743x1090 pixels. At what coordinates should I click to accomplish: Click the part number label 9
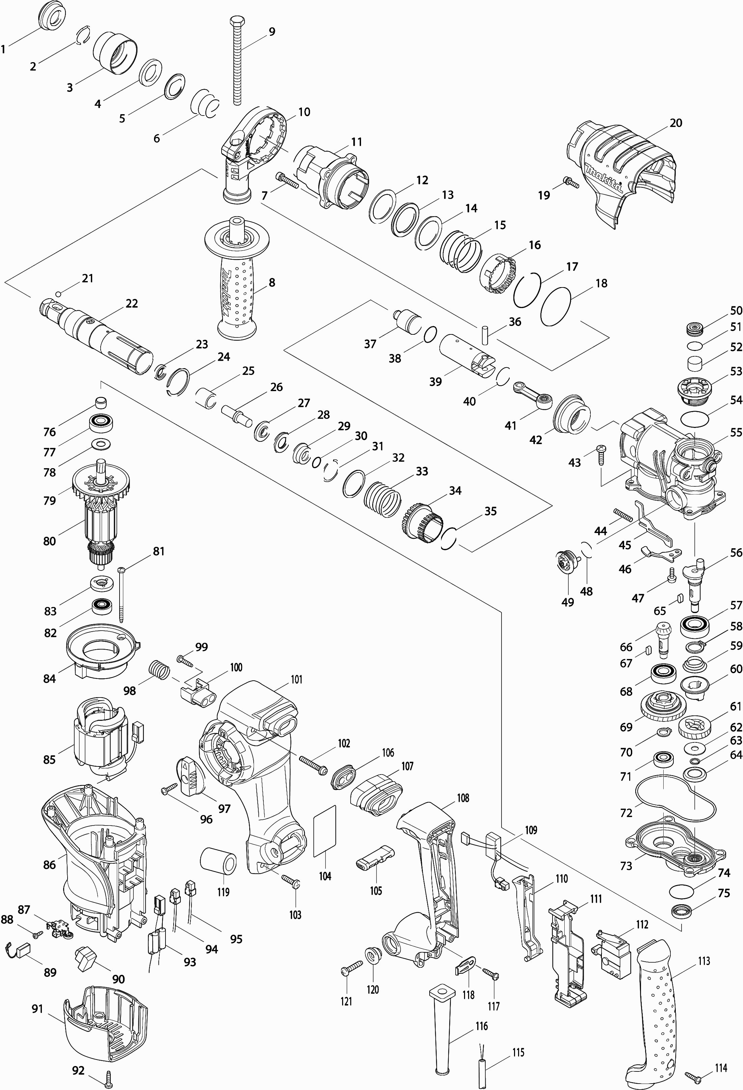[272, 32]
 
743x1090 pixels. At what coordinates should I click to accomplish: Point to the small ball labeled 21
[58, 294]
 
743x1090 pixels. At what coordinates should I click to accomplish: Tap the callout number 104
[325, 876]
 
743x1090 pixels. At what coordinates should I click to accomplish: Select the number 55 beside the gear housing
[736, 431]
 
